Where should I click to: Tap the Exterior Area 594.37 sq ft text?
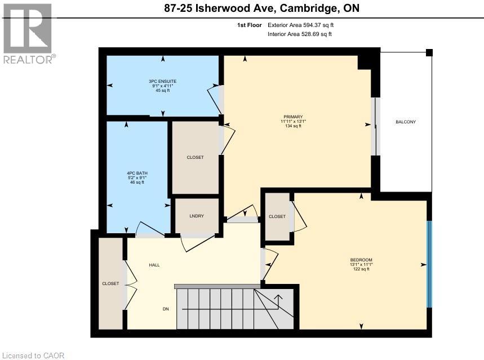pyautogui.click(x=304, y=25)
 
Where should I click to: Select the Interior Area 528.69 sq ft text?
pyautogui.click(x=300, y=34)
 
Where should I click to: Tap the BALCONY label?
pyautogui.click(x=405, y=122)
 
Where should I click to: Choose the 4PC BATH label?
pyautogui.click(x=137, y=172)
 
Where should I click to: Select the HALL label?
pyautogui.click(x=154, y=265)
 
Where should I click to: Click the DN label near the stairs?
pyautogui.click(x=166, y=309)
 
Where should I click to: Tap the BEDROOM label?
pyautogui.click(x=361, y=260)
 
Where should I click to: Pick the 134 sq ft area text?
pyautogui.click(x=293, y=126)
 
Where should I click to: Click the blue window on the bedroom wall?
pyautogui.click(x=429, y=264)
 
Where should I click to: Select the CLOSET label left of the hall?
pyautogui.click(x=110, y=283)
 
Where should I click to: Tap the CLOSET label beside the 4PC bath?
pyautogui.click(x=195, y=157)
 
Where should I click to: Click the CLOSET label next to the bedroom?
pyautogui.click(x=277, y=216)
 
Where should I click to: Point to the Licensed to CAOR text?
pyautogui.click(x=33, y=355)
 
